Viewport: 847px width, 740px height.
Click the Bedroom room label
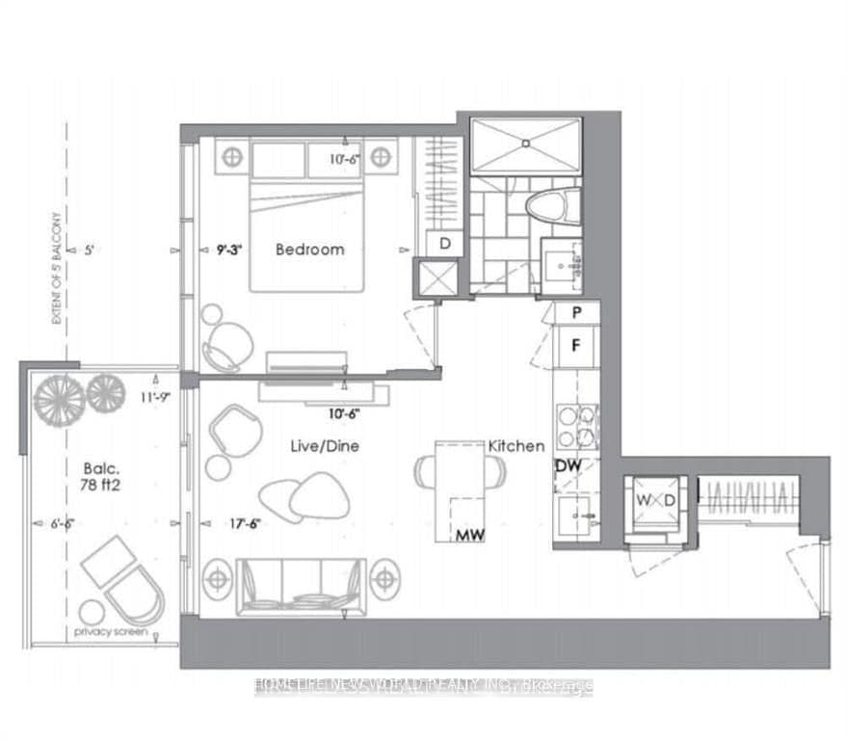click(x=309, y=249)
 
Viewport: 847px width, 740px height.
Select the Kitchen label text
click(x=516, y=446)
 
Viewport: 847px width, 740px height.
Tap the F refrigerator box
click(x=575, y=345)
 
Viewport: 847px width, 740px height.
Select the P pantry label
click(x=575, y=312)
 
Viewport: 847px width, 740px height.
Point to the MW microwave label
click(x=470, y=533)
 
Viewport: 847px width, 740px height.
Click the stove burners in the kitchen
click(x=575, y=427)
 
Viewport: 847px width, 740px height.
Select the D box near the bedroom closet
click(x=445, y=244)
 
